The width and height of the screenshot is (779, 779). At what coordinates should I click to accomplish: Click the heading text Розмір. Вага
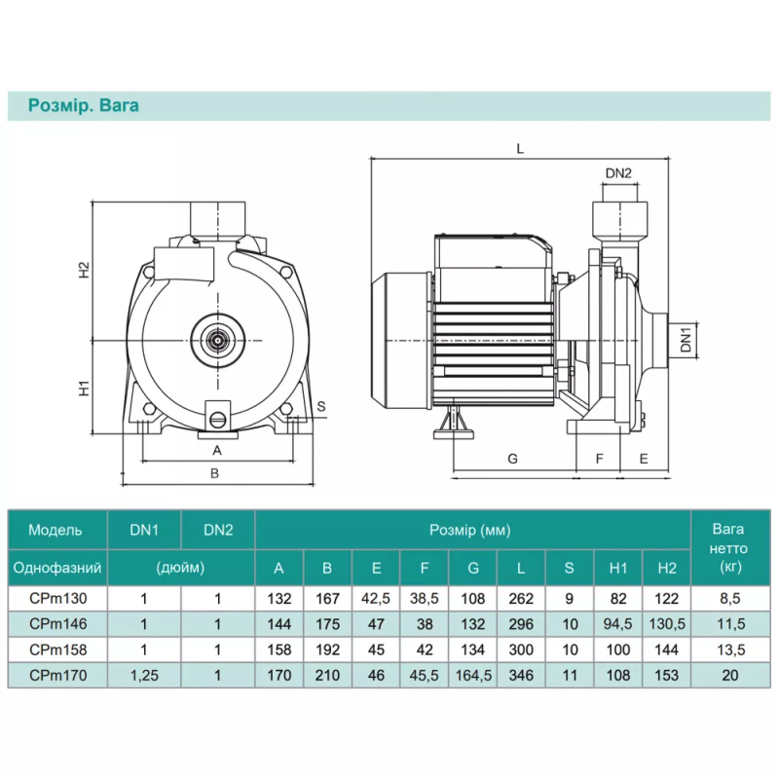[84, 106]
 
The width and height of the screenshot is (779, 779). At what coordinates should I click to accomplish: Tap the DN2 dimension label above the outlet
[618, 173]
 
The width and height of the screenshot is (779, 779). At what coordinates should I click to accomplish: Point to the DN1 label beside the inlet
[686, 340]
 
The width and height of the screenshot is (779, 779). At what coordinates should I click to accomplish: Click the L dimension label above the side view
[520, 149]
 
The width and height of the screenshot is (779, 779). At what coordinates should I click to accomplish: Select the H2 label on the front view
[85, 270]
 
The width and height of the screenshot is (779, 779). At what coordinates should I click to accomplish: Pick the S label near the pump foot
[321, 406]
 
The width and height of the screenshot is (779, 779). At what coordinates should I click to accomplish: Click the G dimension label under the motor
[513, 459]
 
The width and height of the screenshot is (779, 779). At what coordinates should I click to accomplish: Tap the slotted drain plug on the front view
[218, 420]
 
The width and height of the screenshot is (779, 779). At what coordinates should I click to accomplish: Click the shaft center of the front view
[217, 340]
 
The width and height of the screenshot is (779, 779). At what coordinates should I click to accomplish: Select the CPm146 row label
[58, 624]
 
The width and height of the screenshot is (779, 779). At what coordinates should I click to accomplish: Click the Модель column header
[56, 530]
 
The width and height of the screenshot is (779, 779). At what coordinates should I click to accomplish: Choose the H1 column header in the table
[618, 568]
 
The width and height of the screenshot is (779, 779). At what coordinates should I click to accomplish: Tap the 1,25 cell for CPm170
[144, 676]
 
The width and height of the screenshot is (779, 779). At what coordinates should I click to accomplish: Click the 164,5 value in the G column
[473, 676]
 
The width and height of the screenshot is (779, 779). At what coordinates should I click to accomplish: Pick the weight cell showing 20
[730, 676]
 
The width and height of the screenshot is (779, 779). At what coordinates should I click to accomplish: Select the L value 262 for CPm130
[521, 599]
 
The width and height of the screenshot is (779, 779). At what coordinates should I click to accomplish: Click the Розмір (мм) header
[470, 531]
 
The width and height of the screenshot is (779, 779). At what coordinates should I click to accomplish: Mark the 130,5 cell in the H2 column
[667, 624]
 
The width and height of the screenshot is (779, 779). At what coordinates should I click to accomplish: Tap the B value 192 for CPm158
[327, 649]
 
